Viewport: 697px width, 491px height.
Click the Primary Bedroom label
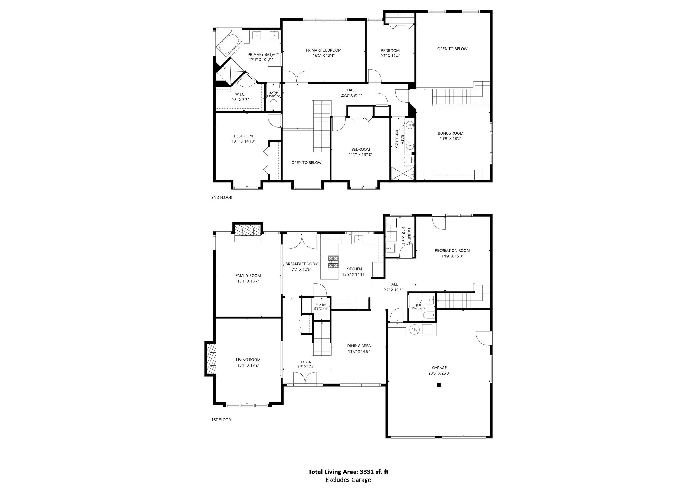point(324,50)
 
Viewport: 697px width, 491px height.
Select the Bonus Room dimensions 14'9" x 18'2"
point(451,139)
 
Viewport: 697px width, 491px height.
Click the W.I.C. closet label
point(240,94)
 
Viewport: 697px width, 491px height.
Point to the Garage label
point(439,368)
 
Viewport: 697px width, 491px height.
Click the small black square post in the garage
point(439,385)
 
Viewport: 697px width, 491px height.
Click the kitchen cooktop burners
point(333,262)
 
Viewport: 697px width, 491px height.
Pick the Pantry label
point(321,305)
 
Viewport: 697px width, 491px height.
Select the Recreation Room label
point(452,250)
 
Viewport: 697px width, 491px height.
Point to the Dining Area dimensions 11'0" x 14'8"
point(359,351)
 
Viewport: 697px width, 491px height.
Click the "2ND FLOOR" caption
point(222,197)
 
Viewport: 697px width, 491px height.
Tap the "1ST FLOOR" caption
point(221,420)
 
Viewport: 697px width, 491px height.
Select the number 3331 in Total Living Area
point(367,472)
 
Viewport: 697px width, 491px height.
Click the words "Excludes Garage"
point(348,480)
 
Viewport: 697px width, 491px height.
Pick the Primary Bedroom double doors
point(296,76)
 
